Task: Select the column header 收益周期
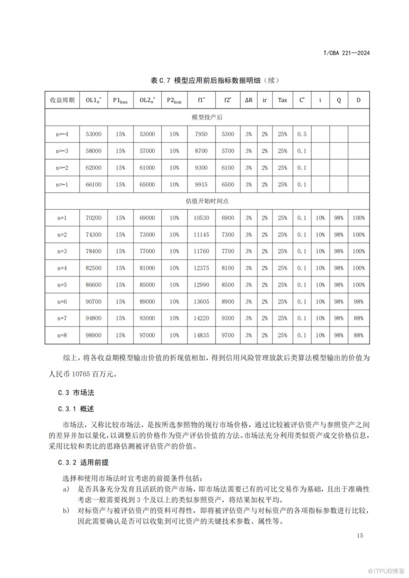(62, 100)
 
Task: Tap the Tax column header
(282, 100)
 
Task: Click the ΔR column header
(249, 100)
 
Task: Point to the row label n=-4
(62, 134)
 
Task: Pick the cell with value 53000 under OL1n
(93, 134)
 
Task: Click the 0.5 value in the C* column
(301, 134)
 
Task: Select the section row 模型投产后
(207, 117)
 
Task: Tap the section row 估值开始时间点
(207, 201)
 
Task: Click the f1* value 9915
(201, 185)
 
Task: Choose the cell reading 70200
(93, 218)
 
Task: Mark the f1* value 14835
(201, 335)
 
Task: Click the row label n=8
(62, 335)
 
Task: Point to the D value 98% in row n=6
(358, 302)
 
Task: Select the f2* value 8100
(228, 268)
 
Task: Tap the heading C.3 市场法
(76, 392)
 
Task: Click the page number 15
(359, 536)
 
